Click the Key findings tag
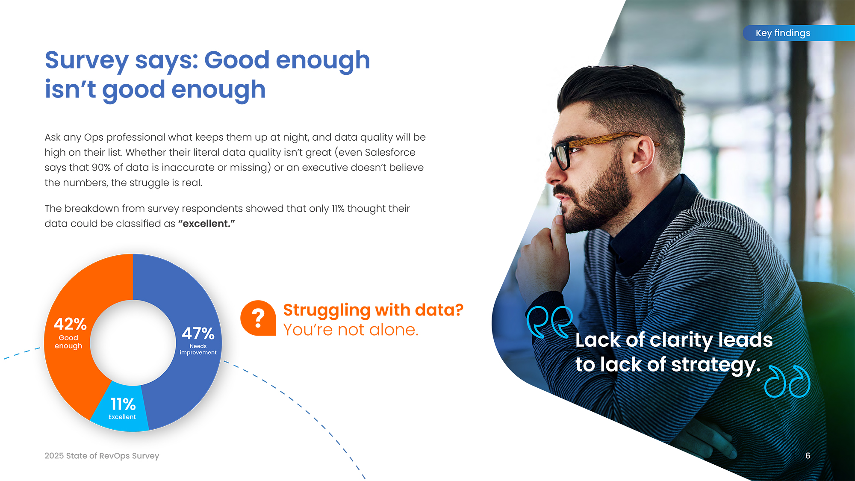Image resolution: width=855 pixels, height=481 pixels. click(x=799, y=33)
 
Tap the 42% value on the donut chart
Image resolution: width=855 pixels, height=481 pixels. click(x=70, y=324)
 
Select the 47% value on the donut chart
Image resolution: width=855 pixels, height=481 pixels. click(x=198, y=333)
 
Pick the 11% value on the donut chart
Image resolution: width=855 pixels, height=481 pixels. click(x=123, y=404)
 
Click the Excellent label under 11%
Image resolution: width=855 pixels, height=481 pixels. click(x=122, y=417)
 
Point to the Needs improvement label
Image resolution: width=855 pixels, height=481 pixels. click(x=198, y=349)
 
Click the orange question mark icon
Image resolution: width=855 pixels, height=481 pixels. click(x=258, y=318)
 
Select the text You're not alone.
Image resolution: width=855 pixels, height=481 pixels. click(x=351, y=330)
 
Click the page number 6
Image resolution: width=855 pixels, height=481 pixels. click(x=808, y=456)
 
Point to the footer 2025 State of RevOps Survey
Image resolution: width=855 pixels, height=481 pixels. click(x=102, y=456)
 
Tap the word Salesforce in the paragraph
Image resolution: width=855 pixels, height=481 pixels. click(x=390, y=153)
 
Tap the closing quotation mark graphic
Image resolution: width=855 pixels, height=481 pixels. click(x=787, y=381)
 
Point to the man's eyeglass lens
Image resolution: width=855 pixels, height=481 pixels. click(x=563, y=157)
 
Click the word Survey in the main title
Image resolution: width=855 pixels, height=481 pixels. click(x=87, y=60)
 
